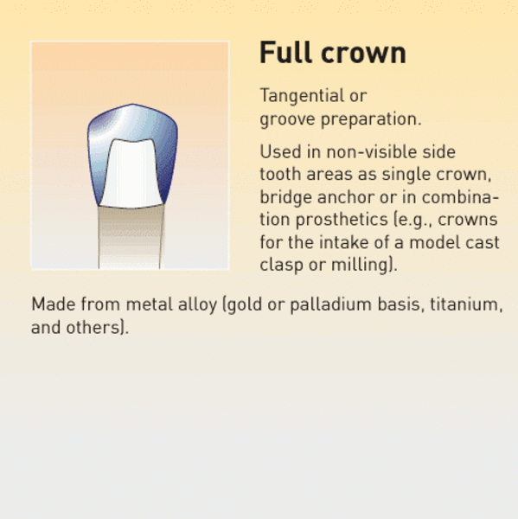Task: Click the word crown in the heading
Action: pos(363,54)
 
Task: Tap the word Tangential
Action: pos(302,97)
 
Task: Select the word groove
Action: pos(287,119)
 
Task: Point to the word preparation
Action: pos(371,119)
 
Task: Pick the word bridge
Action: pos(285,198)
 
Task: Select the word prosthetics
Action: pos(342,220)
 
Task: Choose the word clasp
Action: pos(281,266)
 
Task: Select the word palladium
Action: pos(330,304)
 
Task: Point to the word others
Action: pos(93,327)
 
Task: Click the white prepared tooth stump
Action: pos(131,174)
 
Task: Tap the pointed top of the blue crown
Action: pos(132,105)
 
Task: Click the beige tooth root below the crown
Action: pos(130,238)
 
